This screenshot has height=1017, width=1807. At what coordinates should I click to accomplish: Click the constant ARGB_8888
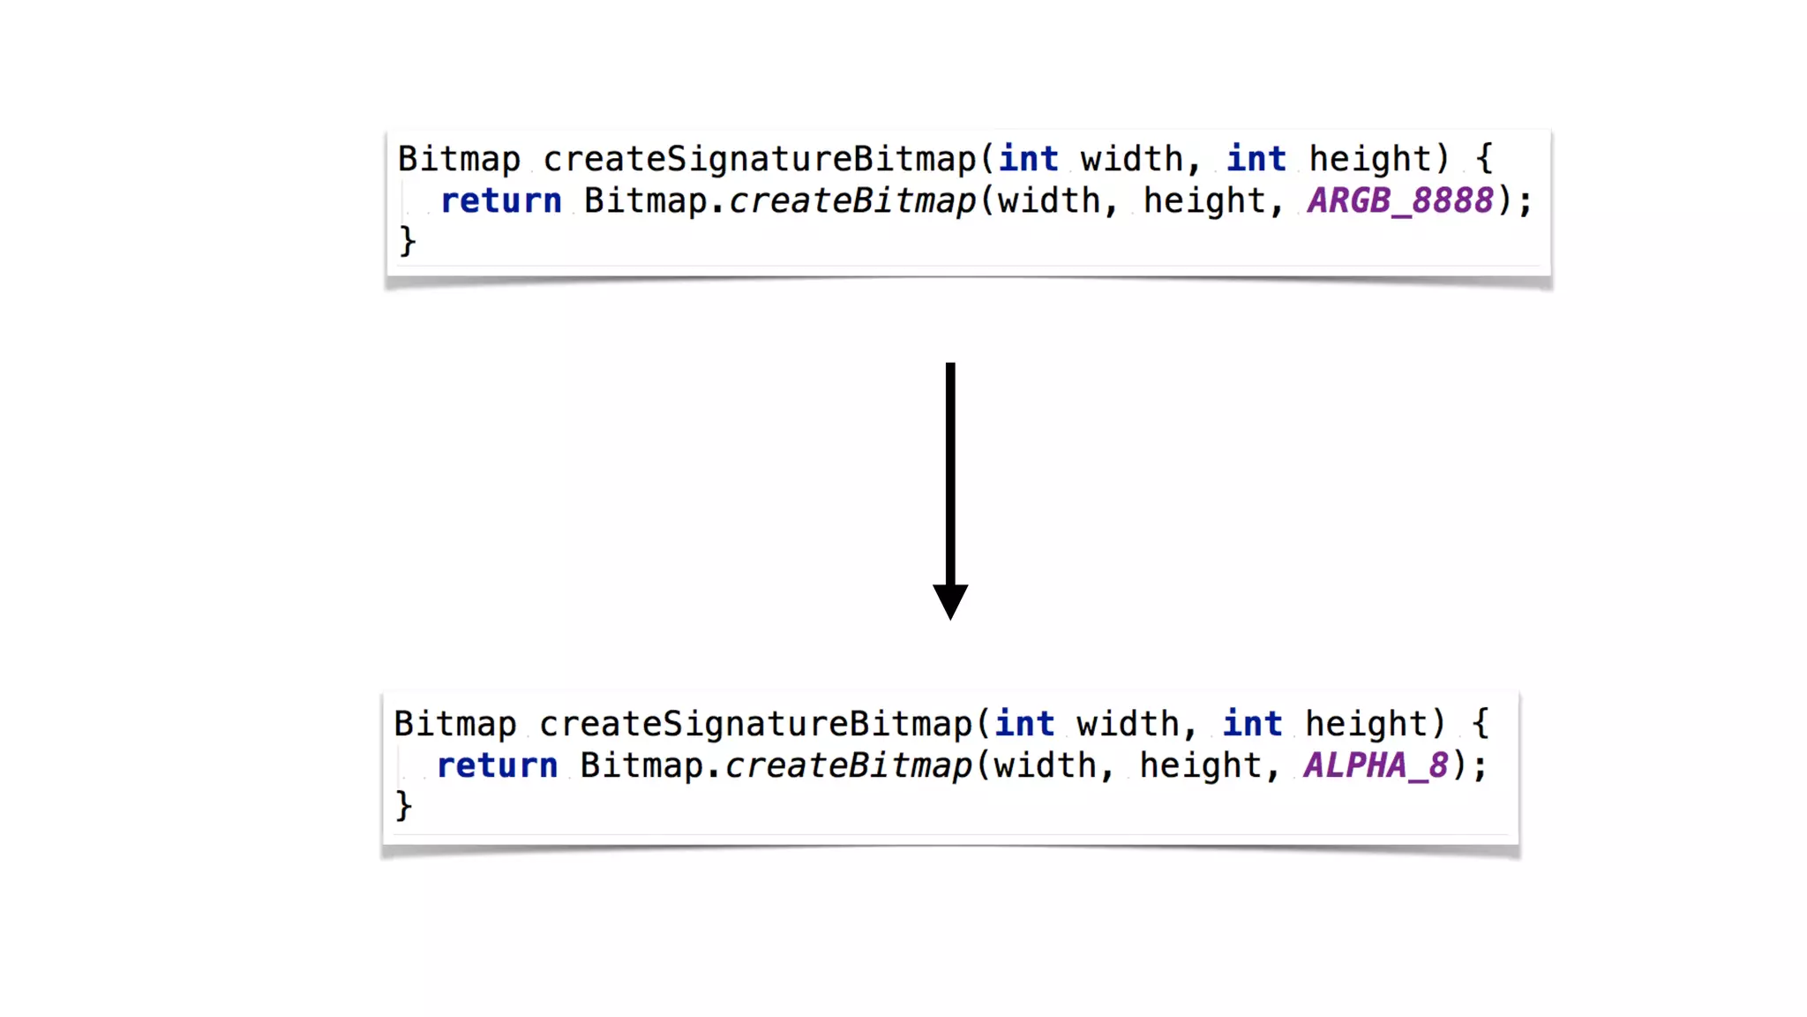1400,201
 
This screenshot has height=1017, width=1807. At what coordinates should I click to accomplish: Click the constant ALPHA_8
1376,766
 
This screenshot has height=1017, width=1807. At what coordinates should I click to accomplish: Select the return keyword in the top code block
501,201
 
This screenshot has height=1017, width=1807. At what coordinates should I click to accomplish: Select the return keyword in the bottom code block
498,766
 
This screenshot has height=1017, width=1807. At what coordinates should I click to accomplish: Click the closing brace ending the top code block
408,241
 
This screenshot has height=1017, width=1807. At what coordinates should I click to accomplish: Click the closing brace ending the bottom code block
403,806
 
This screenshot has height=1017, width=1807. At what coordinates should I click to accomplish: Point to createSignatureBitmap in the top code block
760,160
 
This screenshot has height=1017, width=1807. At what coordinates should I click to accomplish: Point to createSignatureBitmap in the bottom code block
756,725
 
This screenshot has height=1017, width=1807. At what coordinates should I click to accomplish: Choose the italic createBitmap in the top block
852,201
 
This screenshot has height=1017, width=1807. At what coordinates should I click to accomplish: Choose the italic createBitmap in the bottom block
849,766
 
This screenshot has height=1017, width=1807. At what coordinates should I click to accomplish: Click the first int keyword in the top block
1028,160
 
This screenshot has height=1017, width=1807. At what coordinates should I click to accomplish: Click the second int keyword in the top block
1256,160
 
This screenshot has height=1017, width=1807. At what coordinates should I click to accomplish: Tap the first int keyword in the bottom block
1024,725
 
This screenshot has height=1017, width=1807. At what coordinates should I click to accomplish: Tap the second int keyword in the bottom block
1252,725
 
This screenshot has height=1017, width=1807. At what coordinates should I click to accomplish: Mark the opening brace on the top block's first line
1485,160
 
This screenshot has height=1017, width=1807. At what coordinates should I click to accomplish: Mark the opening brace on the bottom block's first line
1481,725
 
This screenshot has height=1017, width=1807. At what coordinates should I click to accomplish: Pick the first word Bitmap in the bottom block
455,725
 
